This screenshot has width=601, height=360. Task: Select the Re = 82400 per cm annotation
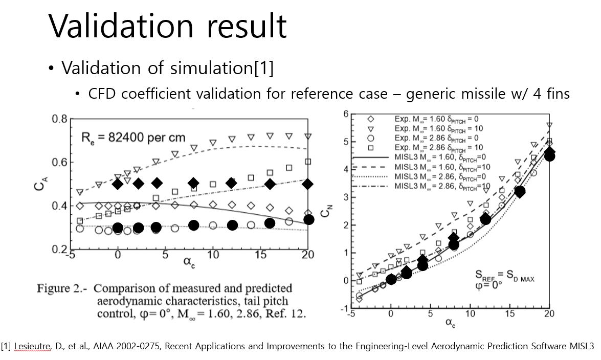(133, 138)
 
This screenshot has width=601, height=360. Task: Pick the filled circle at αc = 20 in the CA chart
(308, 219)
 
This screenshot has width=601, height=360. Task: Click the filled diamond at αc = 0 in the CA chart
(118, 184)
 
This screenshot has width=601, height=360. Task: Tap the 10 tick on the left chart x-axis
(213, 256)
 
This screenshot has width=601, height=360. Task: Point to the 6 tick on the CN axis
(346, 114)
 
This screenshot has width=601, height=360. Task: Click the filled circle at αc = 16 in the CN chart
(520, 192)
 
